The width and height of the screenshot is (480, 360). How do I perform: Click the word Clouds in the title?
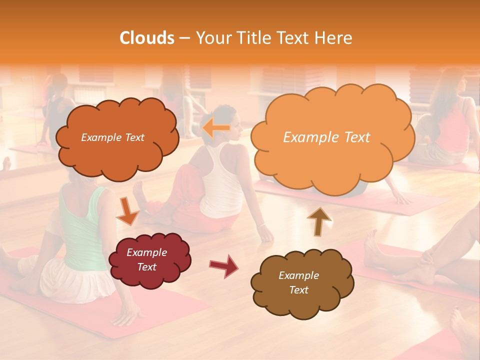tap(147, 38)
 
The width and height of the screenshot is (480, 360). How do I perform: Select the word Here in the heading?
tap(333, 38)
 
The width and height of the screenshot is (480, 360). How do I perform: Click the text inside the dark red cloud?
tap(147, 259)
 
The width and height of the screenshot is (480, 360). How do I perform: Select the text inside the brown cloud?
tap(298, 282)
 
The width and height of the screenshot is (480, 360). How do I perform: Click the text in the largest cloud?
tap(326, 137)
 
